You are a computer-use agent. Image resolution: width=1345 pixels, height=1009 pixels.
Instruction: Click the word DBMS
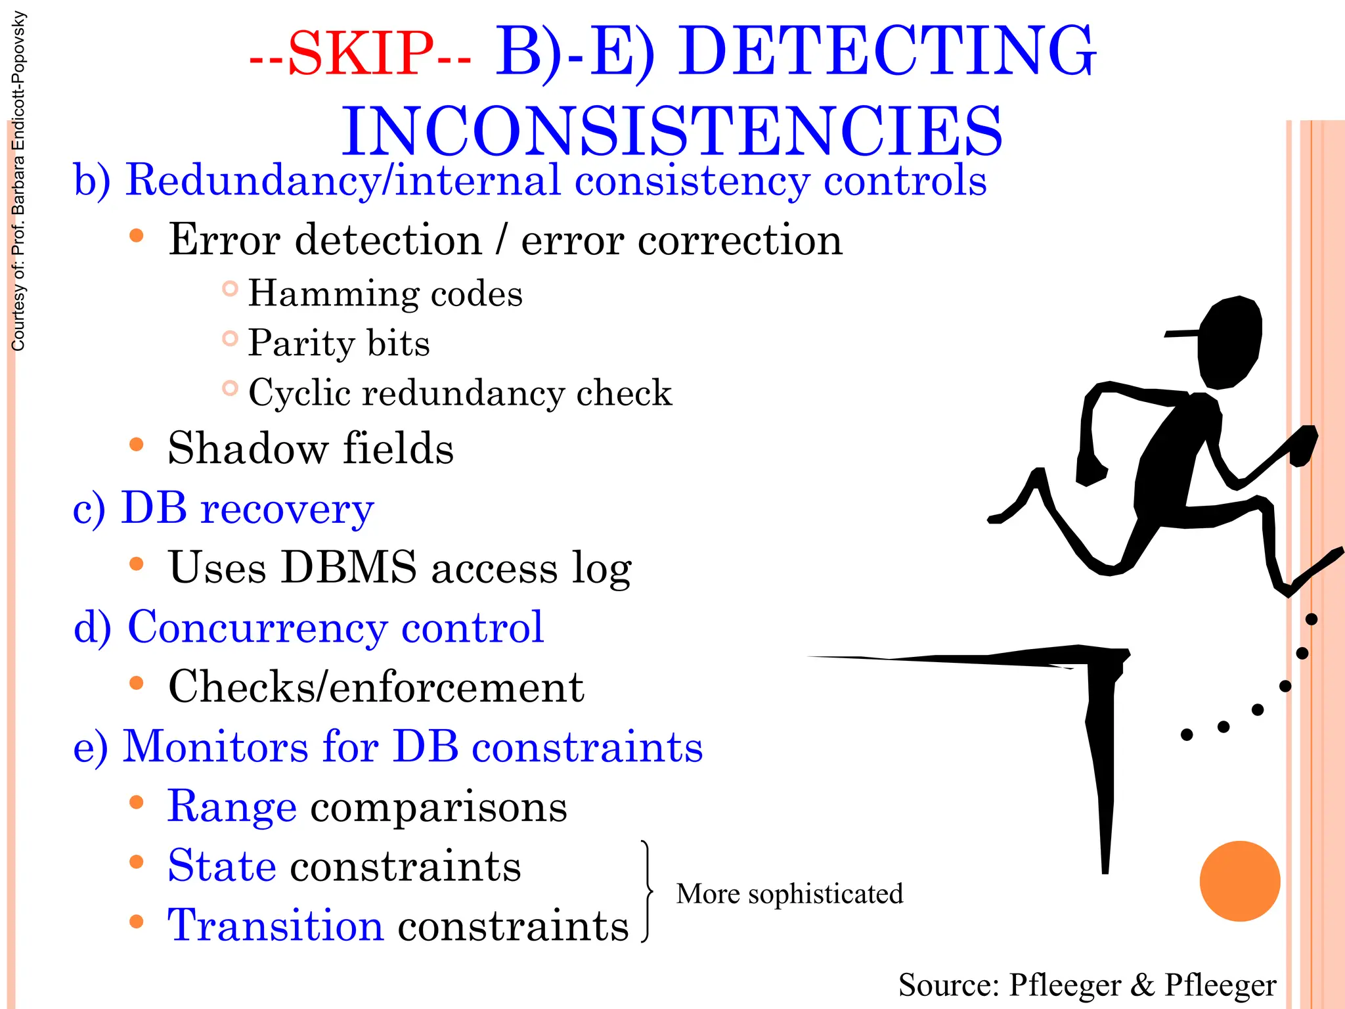click(348, 568)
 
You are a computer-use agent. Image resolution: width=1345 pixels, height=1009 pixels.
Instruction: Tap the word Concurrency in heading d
click(257, 627)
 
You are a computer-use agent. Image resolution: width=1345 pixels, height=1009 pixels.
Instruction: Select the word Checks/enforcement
click(376, 687)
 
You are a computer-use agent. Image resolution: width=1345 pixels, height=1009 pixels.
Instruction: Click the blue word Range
click(232, 807)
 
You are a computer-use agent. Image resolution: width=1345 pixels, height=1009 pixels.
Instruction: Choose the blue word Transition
click(275, 926)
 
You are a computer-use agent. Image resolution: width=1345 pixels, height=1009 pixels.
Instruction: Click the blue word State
click(221, 866)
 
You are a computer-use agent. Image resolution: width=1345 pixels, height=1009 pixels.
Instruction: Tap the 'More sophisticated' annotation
click(789, 894)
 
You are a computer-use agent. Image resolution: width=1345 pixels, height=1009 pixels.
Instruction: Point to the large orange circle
click(1239, 882)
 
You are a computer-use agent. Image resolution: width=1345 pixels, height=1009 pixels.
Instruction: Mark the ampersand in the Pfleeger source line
click(1143, 985)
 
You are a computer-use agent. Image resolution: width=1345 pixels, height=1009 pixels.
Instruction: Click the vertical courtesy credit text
click(18, 181)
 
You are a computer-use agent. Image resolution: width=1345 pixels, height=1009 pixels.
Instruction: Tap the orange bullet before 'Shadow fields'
click(137, 445)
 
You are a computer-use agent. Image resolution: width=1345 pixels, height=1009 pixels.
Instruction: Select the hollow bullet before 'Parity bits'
click(229, 339)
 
